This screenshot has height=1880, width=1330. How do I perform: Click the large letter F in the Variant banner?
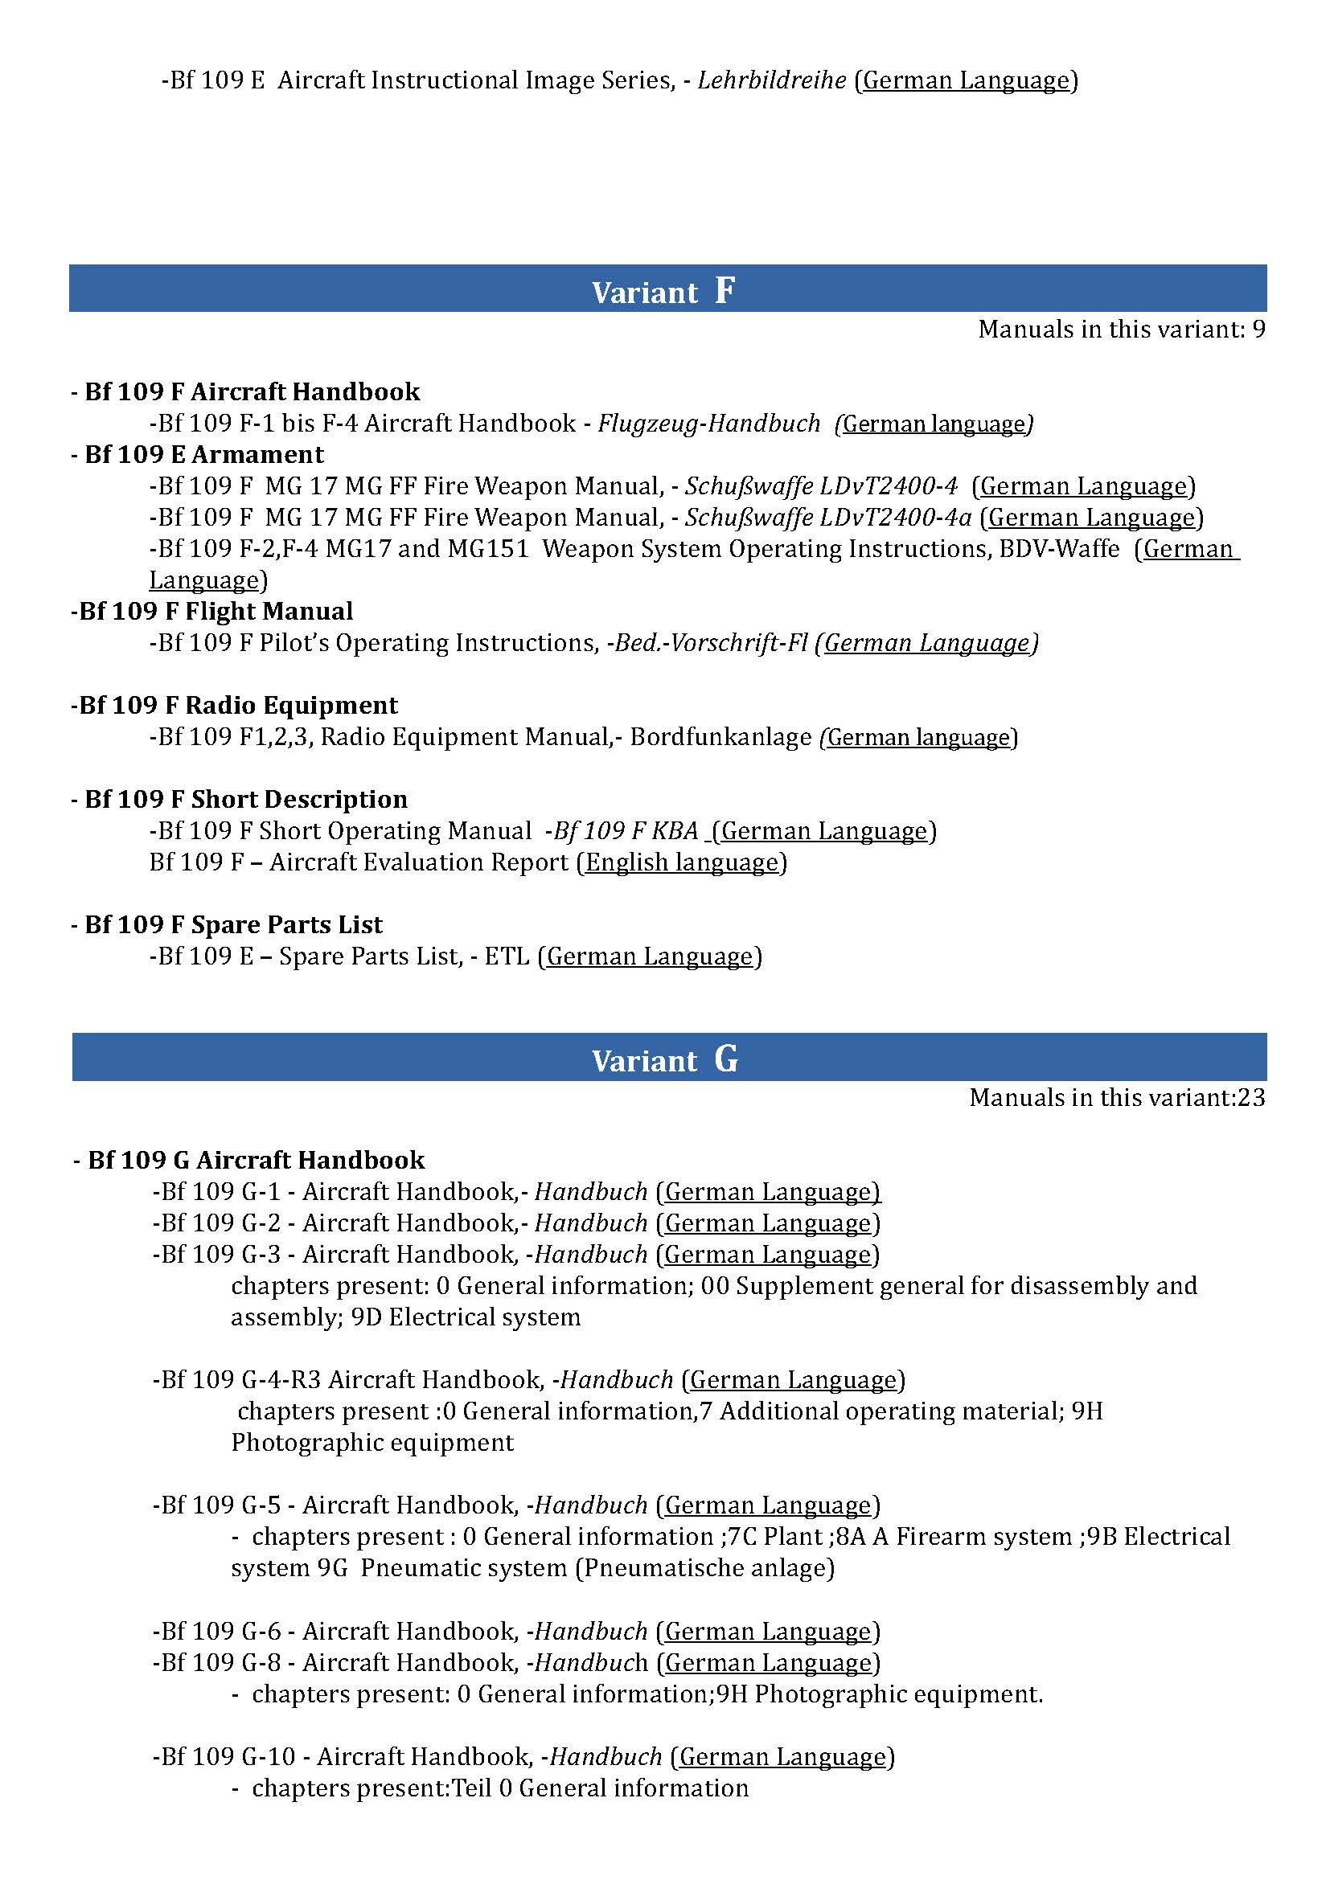[724, 290]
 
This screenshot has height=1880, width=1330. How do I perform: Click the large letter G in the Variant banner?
[725, 1059]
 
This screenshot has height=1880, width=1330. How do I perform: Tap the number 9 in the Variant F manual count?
[1258, 330]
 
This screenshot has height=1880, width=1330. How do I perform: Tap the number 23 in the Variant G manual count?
[1250, 1097]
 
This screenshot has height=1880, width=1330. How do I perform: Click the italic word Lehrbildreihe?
[771, 80]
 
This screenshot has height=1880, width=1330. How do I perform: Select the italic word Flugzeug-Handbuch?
[708, 424]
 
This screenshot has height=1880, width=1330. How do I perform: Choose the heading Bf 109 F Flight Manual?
[212, 611]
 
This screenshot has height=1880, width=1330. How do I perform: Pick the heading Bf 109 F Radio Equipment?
[234, 705]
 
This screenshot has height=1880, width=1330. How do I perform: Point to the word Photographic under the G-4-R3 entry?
[298, 1443]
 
